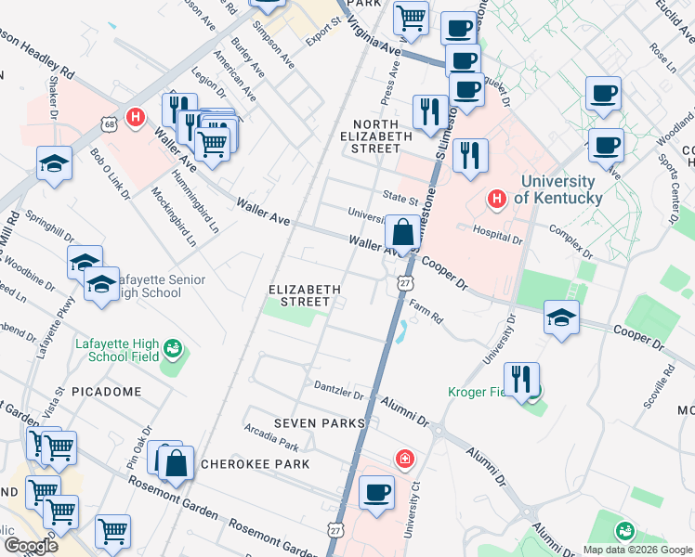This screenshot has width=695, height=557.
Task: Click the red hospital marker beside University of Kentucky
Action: tap(497, 199)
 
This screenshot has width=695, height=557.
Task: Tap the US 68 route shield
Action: tap(108, 123)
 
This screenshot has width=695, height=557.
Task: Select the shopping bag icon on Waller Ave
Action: tap(403, 233)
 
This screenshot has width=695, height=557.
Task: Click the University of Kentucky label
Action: tap(557, 189)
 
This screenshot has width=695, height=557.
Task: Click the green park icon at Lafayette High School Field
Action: tap(171, 349)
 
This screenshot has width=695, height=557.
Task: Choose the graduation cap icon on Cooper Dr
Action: tap(560, 317)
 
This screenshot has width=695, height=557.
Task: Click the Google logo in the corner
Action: tap(30, 546)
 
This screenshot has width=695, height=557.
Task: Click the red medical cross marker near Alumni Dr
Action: tap(404, 458)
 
